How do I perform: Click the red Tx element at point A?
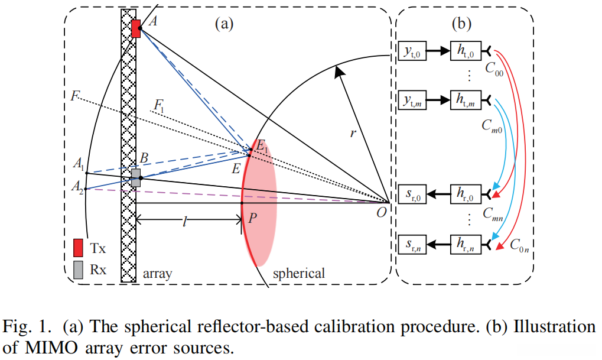click(x=136, y=28)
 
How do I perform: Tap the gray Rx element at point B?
click(x=136, y=178)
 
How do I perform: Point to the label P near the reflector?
click(x=253, y=218)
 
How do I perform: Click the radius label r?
click(x=353, y=133)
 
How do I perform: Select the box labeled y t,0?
click(x=412, y=52)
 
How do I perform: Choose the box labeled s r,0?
click(x=412, y=194)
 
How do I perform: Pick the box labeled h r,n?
click(x=466, y=242)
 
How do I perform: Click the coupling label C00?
click(x=494, y=72)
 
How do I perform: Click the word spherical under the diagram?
click(x=298, y=274)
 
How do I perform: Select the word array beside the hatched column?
click(x=157, y=274)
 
